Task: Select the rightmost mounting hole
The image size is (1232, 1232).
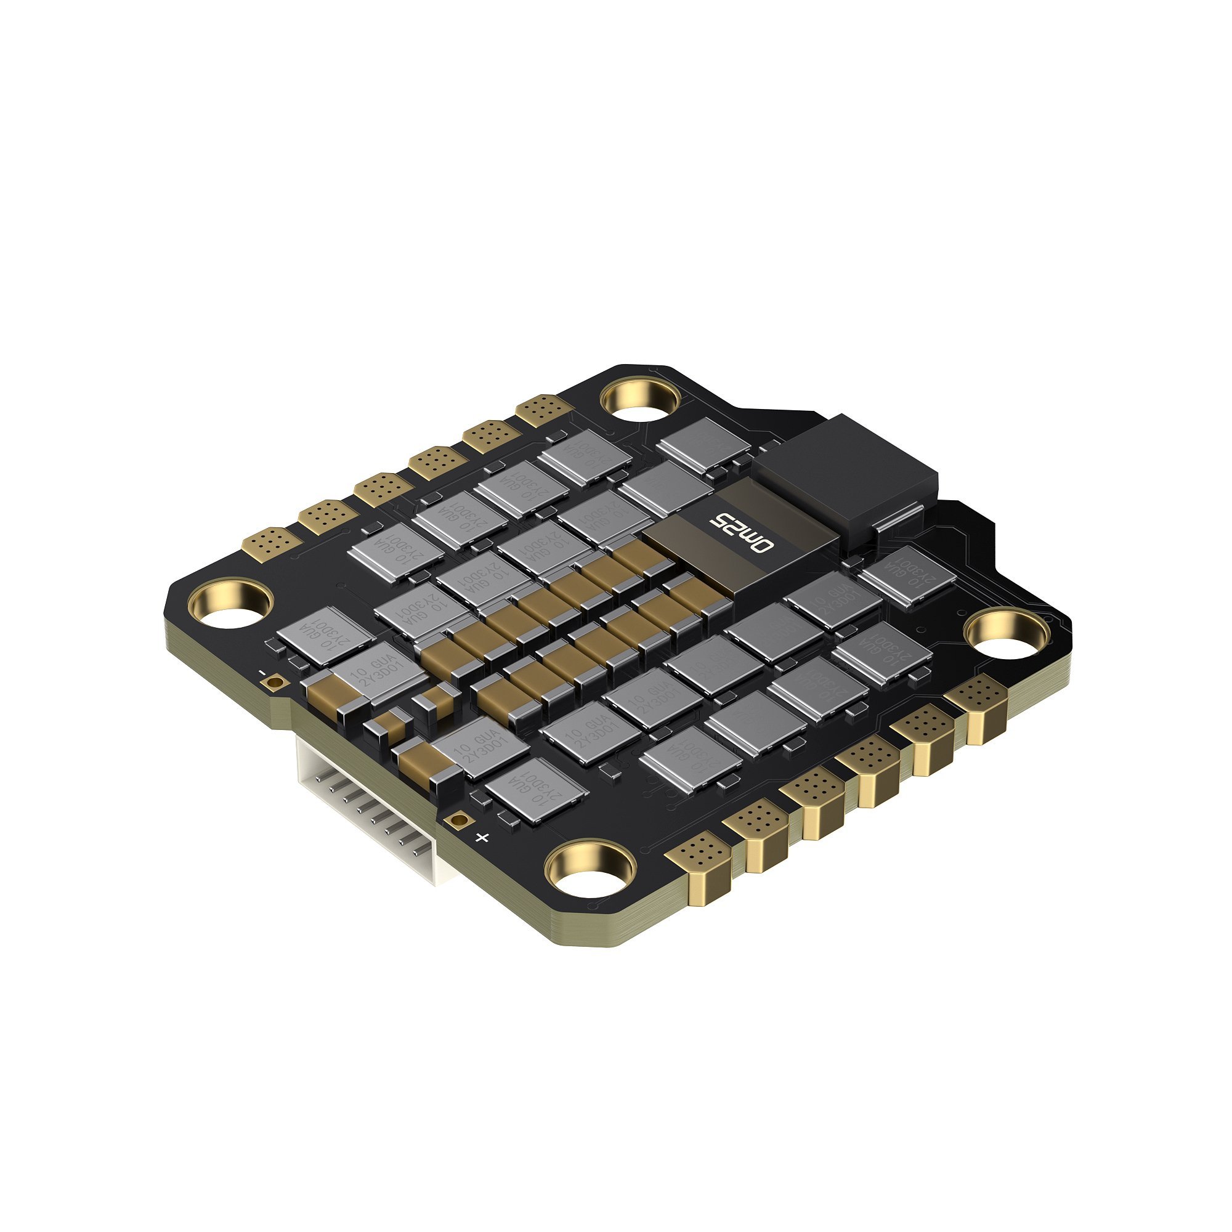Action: (1008, 634)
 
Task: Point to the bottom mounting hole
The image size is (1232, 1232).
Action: (592, 872)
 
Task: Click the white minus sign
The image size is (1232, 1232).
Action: (262, 673)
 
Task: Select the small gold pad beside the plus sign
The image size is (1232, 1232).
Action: (456, 820)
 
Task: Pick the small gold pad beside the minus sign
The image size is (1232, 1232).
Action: (275, 684)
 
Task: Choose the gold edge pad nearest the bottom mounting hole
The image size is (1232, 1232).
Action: (697, 853)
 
